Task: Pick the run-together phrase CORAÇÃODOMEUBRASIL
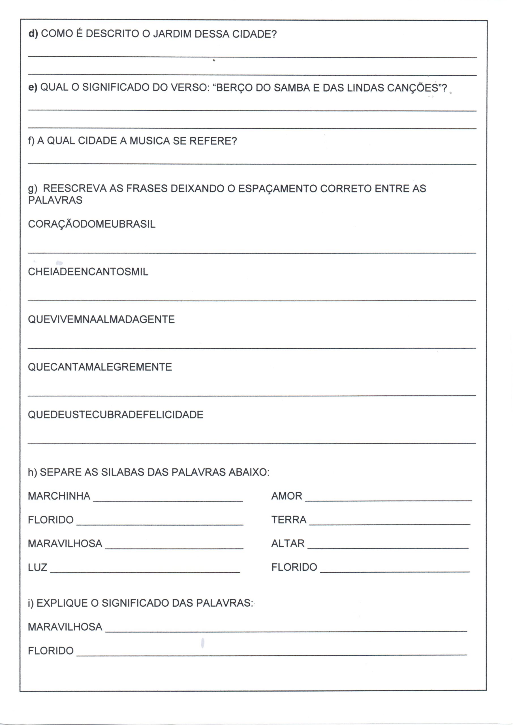pyautogui.click(x=92, y=224)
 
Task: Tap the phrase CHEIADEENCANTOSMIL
pyautogui.click(x=88, y=272)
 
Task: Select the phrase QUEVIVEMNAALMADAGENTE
pyautogui.click(x=101, y=319)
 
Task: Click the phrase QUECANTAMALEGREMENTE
pyautogui.click(x=100, y=367)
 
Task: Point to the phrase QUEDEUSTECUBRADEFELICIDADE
pyautogui.click(x=116, y=415)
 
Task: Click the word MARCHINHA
pyautogui.click(x=59, y=496)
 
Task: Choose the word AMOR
pyautogui.click(x=287, y=496)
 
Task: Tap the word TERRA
pyautogui.click(x=289, y=520)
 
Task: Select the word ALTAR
pyautogui.click(x=288, y=544)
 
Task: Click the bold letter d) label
pyautogui.click(x=33, y=34)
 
